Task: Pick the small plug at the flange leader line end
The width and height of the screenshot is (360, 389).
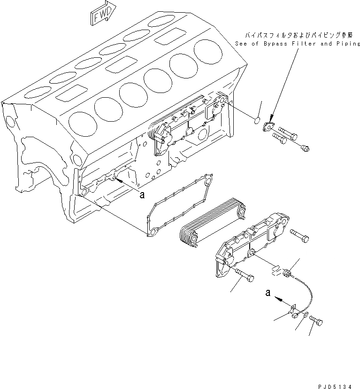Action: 304,148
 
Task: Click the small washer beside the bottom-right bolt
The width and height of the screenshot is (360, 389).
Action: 306,317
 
